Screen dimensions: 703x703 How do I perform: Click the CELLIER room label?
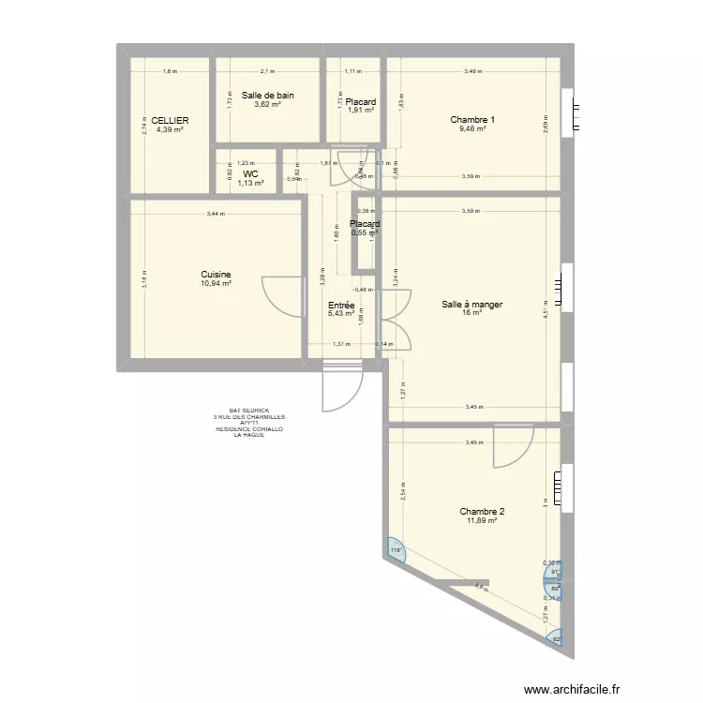pos(170,120)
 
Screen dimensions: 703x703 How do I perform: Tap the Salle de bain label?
pos(268,95)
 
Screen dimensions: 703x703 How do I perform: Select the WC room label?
pos(250,173)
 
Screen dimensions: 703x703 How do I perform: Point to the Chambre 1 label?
pos(472,119)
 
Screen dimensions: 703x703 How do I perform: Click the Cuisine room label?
pos(216,274)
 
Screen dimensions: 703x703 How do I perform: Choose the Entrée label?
pos(341,305)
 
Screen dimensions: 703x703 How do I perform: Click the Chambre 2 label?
pos(482,511)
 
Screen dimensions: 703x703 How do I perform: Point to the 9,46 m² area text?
pos(472,128)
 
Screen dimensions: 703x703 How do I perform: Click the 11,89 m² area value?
pos(482,520)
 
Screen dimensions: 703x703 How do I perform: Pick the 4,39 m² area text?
pos(170,129)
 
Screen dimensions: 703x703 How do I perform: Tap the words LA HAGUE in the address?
pos(248,435)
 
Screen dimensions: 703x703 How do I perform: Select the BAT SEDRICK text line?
pos(248,411)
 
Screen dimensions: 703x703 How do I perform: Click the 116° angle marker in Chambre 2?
pos(396,550)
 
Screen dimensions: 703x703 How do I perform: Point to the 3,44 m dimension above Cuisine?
pos(216,215)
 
